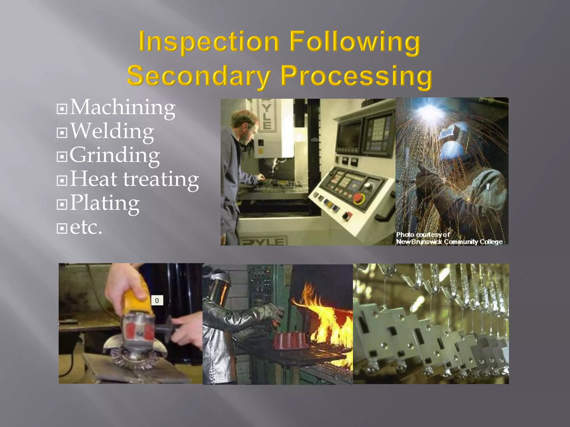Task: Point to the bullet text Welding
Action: click(112, 131)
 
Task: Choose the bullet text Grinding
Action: click(115, 155)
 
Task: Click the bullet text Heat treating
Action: click(134, 179)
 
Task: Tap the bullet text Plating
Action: click(104, 203)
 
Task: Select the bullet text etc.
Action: click(86, 227)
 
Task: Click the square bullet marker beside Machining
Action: click(62, 109)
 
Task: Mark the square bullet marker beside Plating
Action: click(62, 205)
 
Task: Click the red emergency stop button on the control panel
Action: click(358, 198)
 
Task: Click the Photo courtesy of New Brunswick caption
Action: click(449, 239)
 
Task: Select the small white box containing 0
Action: click(157, 300)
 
